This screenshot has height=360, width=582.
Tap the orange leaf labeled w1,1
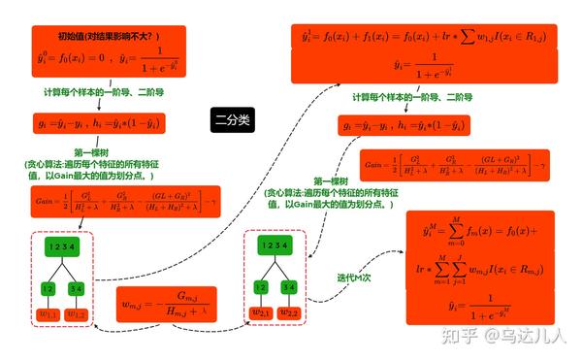(x=48, y=314)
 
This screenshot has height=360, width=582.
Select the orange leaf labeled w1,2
(x=78, y=314)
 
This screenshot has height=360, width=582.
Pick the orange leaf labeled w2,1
(x=261, y=314)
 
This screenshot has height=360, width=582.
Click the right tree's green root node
(x=275, y=247)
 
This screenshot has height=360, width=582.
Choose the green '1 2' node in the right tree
(x=260, y=288)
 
